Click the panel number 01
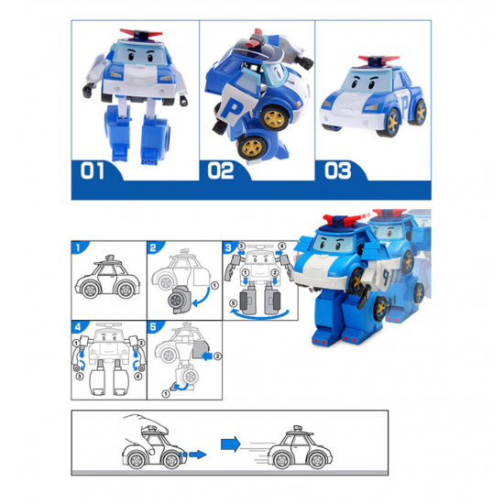[x=93, y=170]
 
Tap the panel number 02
[x=221, y=170]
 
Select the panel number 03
[x=337, y=170]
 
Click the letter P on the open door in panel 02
[x=231, y=109]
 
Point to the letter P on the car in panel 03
[x=404, y=104]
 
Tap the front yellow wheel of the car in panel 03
[x=392, y=122]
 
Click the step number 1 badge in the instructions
[x=78, y=247]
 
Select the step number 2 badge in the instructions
[x=153, y=247]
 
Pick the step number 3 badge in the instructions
[x=228, y=247]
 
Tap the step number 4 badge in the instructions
[x=78, y=327]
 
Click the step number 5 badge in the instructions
[x=153, y=327]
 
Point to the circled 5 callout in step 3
[x=234, y=303]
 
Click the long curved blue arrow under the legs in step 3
[x=259, y=315]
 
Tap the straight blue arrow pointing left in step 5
[x=206, y=356]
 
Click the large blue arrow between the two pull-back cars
[x=230, y=444]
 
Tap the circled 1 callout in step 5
[x=166, y=393]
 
